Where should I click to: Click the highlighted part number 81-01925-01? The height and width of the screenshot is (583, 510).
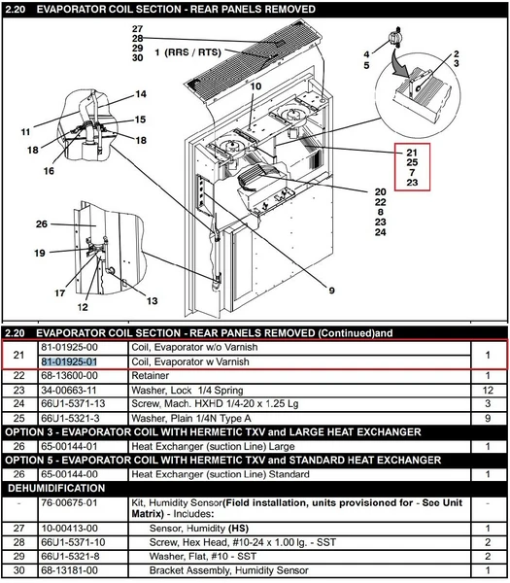(x=69, y=361)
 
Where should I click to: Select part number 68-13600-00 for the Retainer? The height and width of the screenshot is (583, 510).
(x=69, y=376)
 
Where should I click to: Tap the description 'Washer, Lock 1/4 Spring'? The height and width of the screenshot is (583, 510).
(x=187, y=391)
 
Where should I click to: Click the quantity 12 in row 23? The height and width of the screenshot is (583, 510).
(x=488, y=391)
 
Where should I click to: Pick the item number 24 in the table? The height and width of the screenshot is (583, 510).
(x=19, y=404)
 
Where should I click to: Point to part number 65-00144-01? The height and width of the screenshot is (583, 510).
(x=69, y=447)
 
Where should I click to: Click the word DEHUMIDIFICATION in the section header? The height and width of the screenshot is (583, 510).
(x=56, y=488)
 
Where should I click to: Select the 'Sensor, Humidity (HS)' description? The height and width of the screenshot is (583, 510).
(x=199, y=529)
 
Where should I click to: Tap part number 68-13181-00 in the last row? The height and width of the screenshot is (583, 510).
(x=69, y=570)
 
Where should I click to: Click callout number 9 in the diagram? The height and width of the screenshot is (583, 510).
(x=331, y=291)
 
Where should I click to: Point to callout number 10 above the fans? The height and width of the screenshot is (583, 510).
(x=255, y=86)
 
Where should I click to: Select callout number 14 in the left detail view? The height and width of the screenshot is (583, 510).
(x=141, y=94)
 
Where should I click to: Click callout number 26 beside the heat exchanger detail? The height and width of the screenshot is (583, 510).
(x=42, y=223)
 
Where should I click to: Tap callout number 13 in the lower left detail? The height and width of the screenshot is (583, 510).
(x=153, y=301)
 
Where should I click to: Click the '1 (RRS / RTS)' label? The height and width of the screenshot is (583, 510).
(x=187, y=52)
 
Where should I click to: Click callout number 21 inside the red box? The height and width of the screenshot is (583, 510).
(x=412, y=153)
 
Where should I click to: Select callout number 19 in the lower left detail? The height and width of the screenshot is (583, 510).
(x=40, y=254)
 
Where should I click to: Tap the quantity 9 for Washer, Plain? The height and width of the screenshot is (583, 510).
(x=488, y=419)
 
